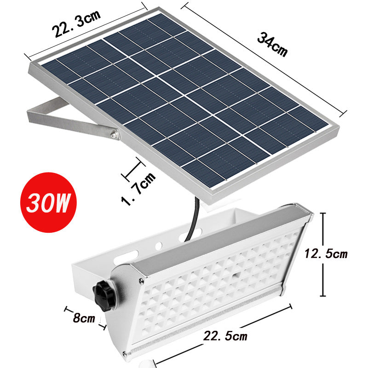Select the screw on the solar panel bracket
tap(112, 135)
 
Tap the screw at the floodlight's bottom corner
tap(125, 353)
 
